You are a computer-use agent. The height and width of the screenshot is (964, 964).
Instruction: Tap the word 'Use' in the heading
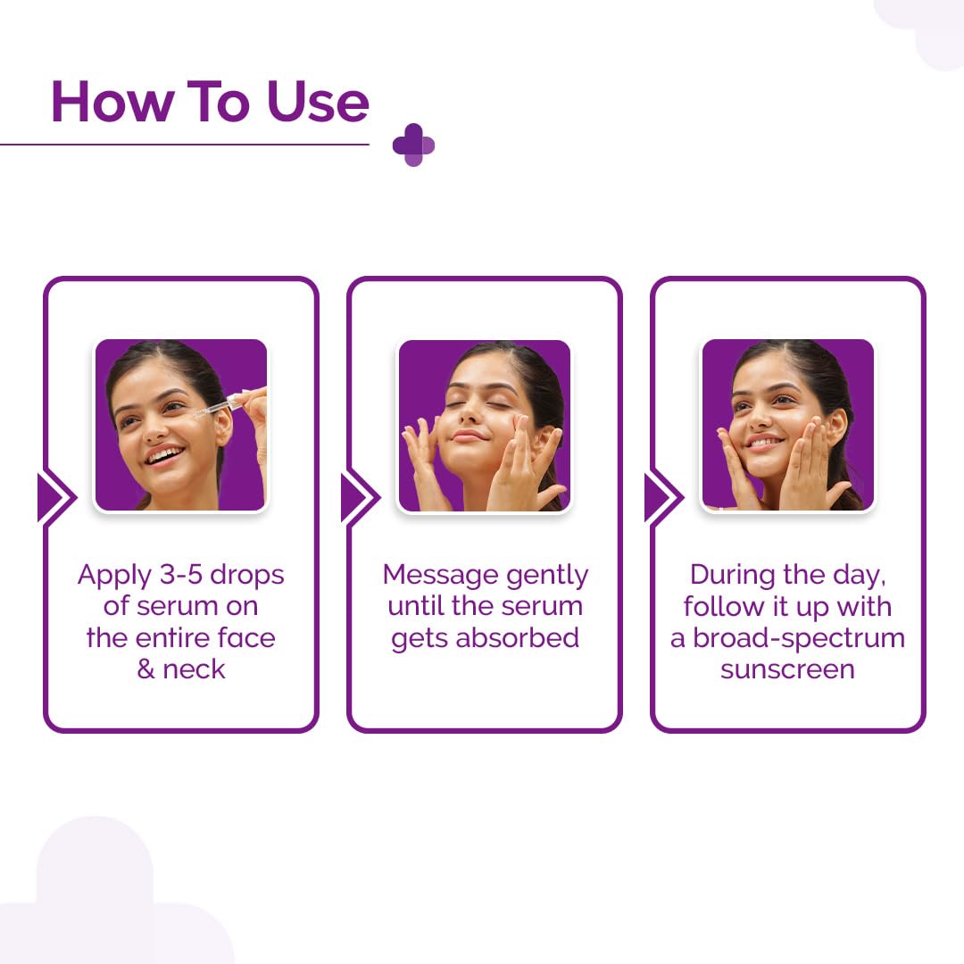coord(317,102)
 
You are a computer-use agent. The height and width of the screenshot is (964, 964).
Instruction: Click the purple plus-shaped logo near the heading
coord(413,145)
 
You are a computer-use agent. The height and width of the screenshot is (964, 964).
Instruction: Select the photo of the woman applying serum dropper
coord(180,425)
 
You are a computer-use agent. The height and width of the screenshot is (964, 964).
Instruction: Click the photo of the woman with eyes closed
coord(484,425)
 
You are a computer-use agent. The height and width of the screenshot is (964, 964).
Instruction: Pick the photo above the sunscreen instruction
coord(787,425)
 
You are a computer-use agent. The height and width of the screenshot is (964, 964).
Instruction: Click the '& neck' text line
coord(180,669)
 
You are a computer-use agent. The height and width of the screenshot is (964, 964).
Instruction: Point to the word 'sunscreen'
coord(787,669)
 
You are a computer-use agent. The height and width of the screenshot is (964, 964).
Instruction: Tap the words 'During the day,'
coord(787,575)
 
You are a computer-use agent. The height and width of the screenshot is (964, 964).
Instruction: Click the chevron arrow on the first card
coord(56,497)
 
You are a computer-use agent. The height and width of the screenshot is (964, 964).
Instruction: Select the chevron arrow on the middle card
coord(360,497)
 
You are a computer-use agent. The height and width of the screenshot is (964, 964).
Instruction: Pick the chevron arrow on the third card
coord(663,497)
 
